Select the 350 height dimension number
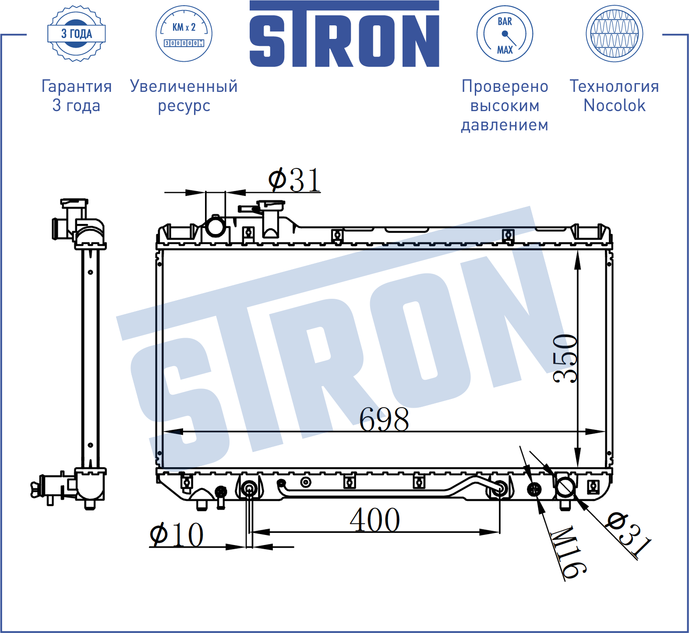(x=565, y=359)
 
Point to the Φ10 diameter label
(x=177, y=534)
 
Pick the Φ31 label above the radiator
(x=294, y=180)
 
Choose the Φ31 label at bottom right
(x=628, y=535)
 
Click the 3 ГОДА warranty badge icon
(x=77, y=34)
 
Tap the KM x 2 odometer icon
(x=184, y=34)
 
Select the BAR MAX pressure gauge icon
(x=505, y=34)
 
